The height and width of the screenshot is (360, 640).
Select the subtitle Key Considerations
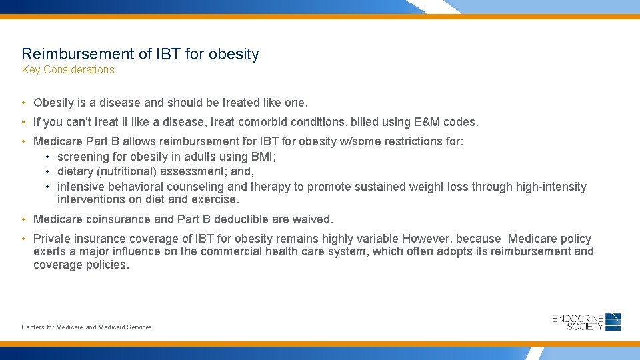click(68, 70)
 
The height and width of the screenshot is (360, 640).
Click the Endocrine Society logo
click(587, 322)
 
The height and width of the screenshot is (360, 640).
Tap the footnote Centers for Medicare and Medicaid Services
click(87, 327)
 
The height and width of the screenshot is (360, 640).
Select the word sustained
click(381, 187)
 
